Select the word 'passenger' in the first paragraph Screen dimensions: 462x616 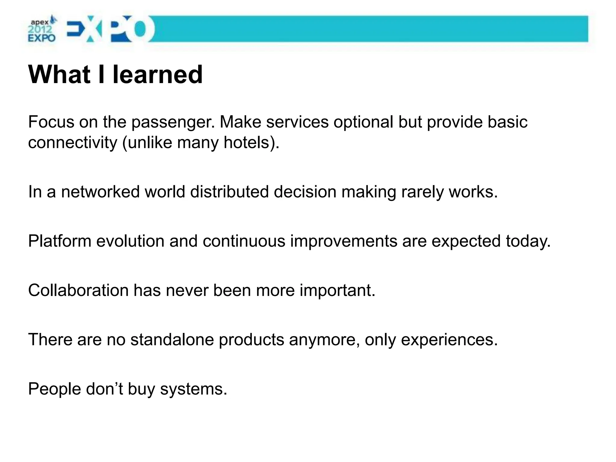click(173, 123)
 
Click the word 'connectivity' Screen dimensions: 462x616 click(72, 143)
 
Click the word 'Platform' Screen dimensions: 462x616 click(60, 241)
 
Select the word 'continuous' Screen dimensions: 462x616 click(244, 241)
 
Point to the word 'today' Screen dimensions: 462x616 click(528, 241)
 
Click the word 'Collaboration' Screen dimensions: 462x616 click(78, 291)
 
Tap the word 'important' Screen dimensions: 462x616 click(337, 291)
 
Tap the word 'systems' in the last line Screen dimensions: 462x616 click(193, 389)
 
